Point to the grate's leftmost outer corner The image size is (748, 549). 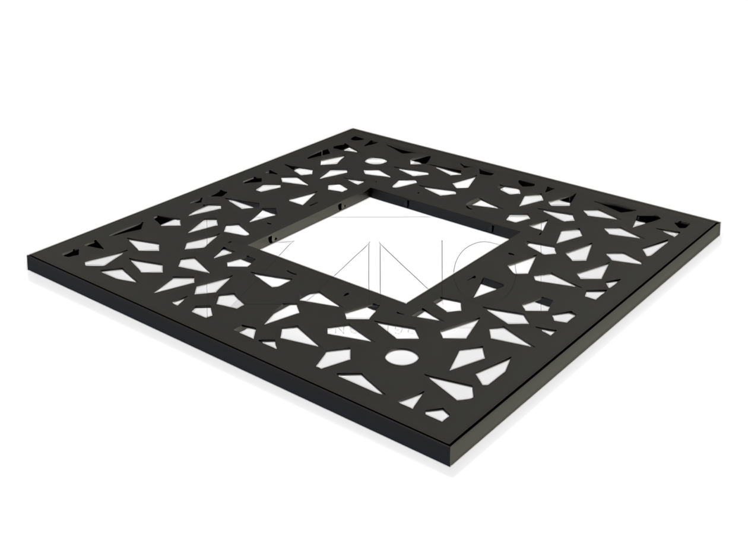[x=28, y=256]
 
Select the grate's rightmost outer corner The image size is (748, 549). [x=720, y=223]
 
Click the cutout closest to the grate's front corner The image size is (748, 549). [x=438, y=414]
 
